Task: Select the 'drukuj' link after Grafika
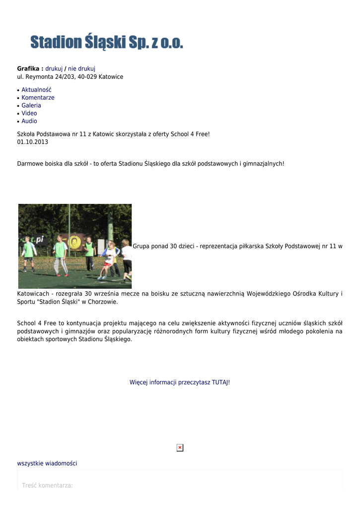click(54, 68)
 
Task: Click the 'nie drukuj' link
click(82, 68)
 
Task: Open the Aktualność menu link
click(36, 90)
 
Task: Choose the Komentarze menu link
click(38, 98)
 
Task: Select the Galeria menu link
click(31, 106)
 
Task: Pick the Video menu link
click(29, 113)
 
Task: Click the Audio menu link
click(29, 121)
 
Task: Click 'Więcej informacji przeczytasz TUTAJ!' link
click(180, 382)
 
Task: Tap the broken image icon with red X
click(180, 447)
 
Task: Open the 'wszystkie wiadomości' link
click(47, 463)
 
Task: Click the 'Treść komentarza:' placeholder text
click(48, 485)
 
